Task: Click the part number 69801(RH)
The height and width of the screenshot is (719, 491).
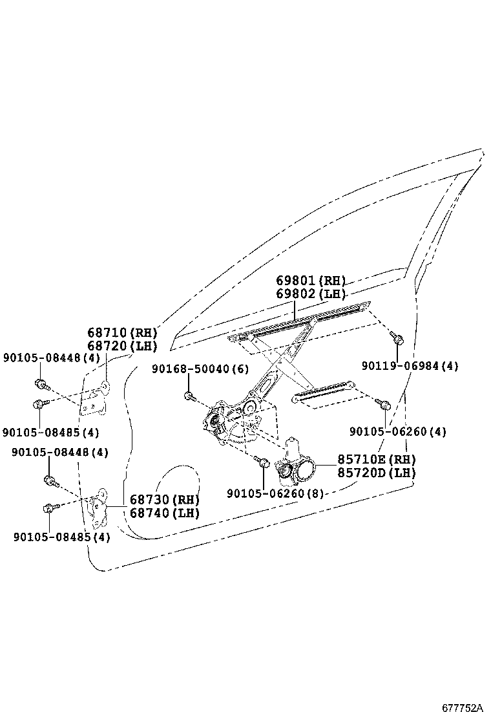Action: click(311, 281)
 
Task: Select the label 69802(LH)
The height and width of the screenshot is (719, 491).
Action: click(311, 294)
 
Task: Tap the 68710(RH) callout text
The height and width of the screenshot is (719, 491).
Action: click(123, 333)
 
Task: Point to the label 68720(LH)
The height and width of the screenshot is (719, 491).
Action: click(123, 346)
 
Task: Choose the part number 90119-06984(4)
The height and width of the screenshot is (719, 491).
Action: click(410, 366)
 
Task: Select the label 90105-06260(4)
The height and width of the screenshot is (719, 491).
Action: click(398, 431)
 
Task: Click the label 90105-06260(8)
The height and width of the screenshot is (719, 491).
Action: click(275, 493)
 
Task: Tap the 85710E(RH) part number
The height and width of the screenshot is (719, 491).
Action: click(376, 460)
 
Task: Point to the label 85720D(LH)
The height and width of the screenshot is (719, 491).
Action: click(376, 473)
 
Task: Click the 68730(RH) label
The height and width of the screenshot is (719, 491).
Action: click(164, 500)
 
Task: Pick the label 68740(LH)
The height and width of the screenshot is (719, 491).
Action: click(164, 513)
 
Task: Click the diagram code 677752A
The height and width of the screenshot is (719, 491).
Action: click(463, 708)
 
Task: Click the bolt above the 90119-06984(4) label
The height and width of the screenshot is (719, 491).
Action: click(396, 338)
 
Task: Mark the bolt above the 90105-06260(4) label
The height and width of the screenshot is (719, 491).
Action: click(384, 405)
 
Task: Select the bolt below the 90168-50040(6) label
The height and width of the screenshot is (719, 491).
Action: click(189, 396)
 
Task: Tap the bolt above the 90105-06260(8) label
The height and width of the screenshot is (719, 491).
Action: click(263, 462)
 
